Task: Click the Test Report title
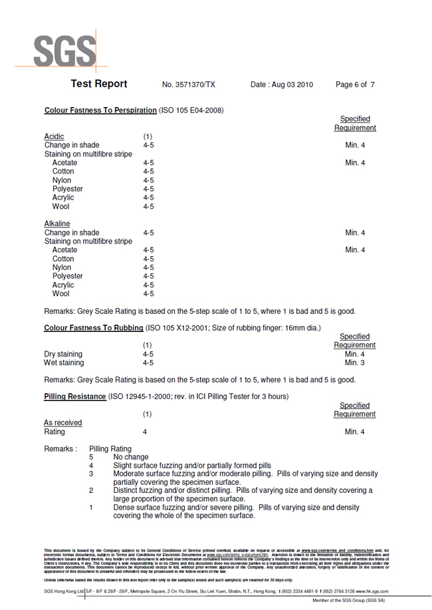click(98, 84)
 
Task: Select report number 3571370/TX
click(189, 85)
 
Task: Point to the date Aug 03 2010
click(282, 85)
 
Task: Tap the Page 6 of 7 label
click(355, 85)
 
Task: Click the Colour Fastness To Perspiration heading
click(100, 110)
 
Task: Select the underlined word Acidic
click(54, 136)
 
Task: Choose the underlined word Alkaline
click(57, 224)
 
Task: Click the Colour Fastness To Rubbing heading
click(94, 328)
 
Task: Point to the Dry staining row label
click(63, 355)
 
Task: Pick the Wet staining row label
click(64, 363)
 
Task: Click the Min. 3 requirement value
click(355, 363)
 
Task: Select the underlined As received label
click(63, 423)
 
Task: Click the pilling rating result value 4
click(145, 432)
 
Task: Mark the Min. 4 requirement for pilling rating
click(355, 432)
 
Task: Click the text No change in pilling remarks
click(131, 458)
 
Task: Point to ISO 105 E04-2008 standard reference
click(191, 110)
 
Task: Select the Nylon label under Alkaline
click(62, 267)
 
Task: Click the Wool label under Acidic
click(61, 207)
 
